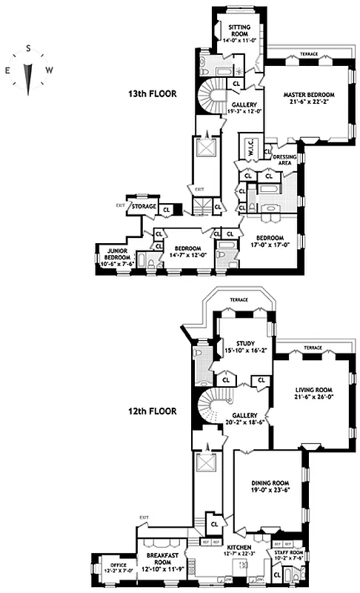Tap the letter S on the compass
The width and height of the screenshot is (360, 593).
28,48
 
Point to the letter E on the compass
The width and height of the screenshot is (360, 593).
8,70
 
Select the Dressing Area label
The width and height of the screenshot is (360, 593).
285,160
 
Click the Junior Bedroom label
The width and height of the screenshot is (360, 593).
112,256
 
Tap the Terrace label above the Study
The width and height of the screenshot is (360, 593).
239,299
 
